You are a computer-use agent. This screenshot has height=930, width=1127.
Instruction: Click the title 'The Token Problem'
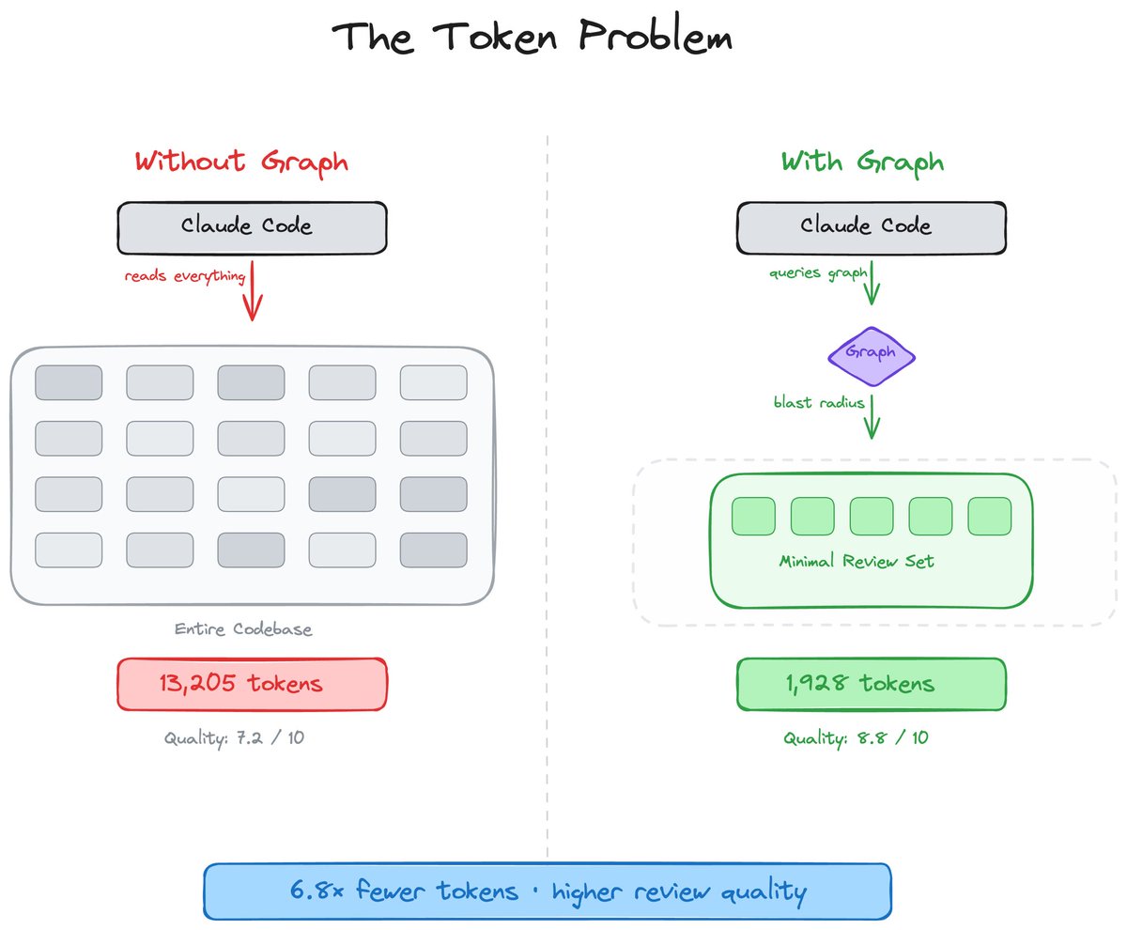click(532, 37)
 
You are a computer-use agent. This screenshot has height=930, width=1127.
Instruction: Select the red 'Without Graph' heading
click(241, 163)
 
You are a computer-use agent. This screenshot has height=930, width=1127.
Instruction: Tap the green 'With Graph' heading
click(862, 163)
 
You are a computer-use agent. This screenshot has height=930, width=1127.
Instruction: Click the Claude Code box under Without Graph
click(252, 228)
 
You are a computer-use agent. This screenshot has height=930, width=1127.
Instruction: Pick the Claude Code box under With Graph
click(872, 228)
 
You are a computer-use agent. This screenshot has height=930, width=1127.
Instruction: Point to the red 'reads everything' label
click(185, 276)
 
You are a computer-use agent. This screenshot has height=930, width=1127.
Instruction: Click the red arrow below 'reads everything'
click(252, 291)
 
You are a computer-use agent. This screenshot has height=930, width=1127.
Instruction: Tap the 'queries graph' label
click(818, 273)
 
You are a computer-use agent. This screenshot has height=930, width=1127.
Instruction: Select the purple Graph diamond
click(872, 356)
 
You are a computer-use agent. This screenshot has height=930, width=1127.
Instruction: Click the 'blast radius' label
click(819, 402)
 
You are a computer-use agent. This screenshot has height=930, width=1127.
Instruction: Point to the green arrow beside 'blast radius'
click(872, 417)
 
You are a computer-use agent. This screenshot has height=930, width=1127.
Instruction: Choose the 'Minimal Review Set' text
click(856, 562)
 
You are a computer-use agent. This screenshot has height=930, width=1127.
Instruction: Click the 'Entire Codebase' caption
click(243, 629)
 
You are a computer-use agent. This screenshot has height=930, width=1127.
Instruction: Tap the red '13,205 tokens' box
click(252, 684)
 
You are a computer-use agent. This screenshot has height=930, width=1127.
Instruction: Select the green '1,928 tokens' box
click(872, 684)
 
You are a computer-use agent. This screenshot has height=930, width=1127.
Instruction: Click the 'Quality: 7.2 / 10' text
click(234, 738)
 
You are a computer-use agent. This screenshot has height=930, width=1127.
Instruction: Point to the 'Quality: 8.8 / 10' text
click(856, 738)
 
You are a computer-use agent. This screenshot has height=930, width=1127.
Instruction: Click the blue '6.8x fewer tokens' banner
click(548, 891)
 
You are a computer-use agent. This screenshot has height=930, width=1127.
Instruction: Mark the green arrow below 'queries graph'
click(872, 284)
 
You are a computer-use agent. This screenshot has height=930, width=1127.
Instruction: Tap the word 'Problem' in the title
click(656, 37)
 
